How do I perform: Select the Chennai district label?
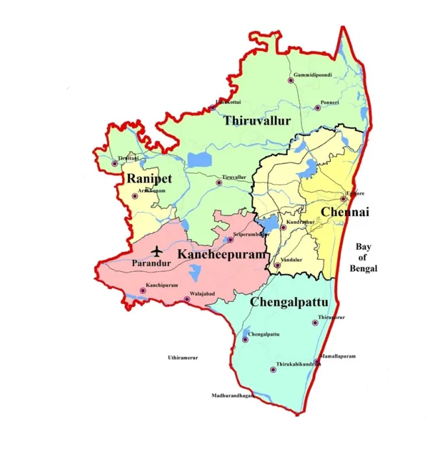(344, 212)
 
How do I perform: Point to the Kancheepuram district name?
(221, 254)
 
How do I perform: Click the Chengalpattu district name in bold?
(289, 302)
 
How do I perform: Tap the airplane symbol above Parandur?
(157, 251)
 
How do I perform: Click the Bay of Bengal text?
(363, 258)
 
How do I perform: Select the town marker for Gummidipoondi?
(290, 80)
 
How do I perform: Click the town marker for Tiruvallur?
(218, 182)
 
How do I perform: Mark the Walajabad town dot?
(186, 299)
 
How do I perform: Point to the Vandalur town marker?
(278, 265)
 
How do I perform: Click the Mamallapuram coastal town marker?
(317, 362)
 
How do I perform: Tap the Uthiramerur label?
(183, 358)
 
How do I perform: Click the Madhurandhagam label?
(234, 395)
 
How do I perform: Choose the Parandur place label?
(151, 263)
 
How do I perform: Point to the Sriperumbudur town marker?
(230, 239)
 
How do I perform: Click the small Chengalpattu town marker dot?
(245, 339)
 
